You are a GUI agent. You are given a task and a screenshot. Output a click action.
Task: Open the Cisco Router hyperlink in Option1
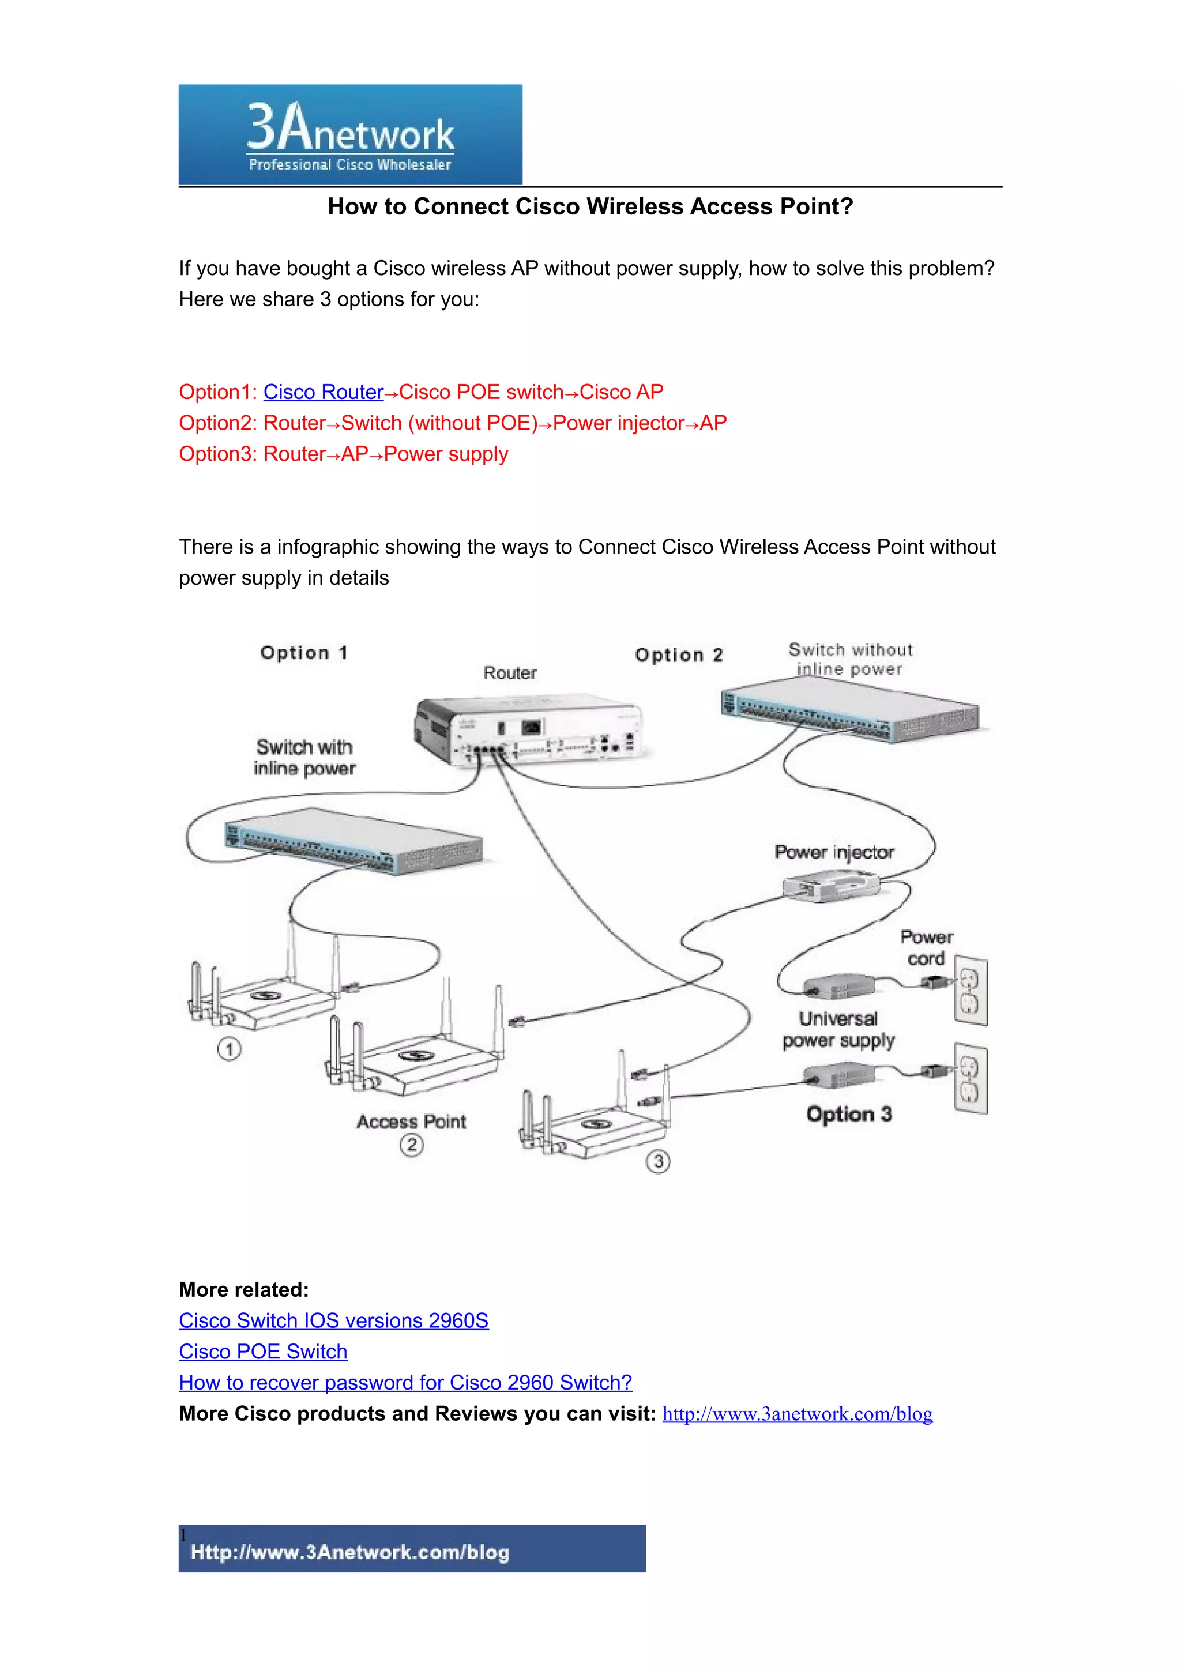coord(323,392)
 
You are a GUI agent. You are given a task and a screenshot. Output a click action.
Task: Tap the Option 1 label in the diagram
coord(304,653)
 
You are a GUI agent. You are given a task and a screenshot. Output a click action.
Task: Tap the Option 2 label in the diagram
coord(679,655)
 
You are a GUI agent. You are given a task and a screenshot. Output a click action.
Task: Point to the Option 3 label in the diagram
coord(848,1114)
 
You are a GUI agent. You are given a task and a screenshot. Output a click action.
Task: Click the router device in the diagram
coord(528,731)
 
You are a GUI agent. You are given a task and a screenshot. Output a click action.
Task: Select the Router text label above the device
coord(509,673)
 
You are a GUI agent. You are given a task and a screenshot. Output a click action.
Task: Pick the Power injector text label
coord(834,852)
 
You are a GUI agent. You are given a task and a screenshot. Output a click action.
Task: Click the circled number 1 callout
coord(229,1049)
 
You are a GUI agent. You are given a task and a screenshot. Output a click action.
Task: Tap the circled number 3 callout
coord(659,1161)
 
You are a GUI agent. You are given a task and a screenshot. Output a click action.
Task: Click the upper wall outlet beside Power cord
coord(971,991)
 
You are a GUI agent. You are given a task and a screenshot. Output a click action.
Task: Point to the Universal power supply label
coord(838,1030)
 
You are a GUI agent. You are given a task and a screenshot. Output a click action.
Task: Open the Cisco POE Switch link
coord(263,1352)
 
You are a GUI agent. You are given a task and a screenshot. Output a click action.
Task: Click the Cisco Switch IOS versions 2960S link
coord(333,1320)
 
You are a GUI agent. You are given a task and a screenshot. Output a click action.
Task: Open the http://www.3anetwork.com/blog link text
coord(797,1413)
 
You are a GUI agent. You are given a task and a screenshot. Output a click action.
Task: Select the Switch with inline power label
coord(304,758)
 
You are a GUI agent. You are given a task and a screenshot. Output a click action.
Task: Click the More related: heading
coord(244,1290)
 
